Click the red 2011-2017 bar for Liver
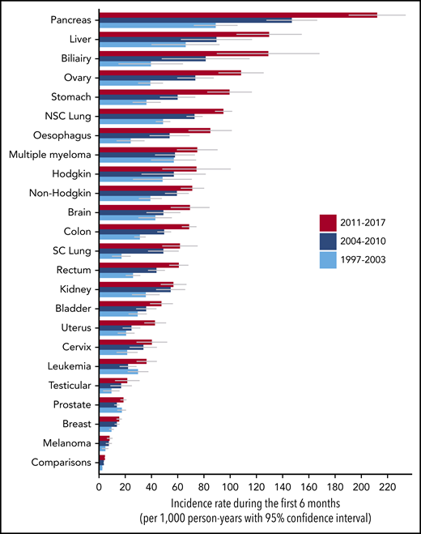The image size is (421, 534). tap(183, 34)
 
